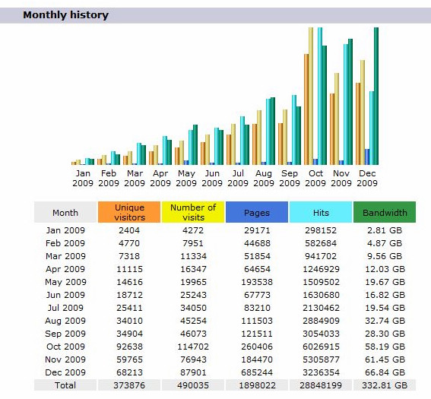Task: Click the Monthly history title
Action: click(65, 15)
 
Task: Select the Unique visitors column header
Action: click(129, 212)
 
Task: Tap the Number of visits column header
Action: click(193, 212)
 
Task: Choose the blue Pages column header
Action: click(257, 212)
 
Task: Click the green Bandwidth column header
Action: click(385, 212)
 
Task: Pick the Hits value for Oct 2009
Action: click(321, 347)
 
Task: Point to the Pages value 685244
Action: click(257, 372)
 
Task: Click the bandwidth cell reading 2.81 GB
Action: click(385, 230)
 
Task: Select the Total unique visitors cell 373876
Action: click(129, 385)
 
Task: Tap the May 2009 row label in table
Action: click(65, 282)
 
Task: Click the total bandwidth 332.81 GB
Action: click(385, 385)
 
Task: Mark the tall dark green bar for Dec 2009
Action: click(376, 96)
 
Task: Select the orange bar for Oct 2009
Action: click(306, 109)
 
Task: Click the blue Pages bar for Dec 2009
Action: click(367, 157)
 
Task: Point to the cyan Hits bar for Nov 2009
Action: click(346, 104)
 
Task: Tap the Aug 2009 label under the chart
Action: click(264, 178)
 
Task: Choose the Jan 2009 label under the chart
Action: click(83, 178)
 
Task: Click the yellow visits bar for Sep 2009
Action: click(285, 137)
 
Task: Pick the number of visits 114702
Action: click(193, 347)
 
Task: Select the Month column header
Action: click(65, 212)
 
